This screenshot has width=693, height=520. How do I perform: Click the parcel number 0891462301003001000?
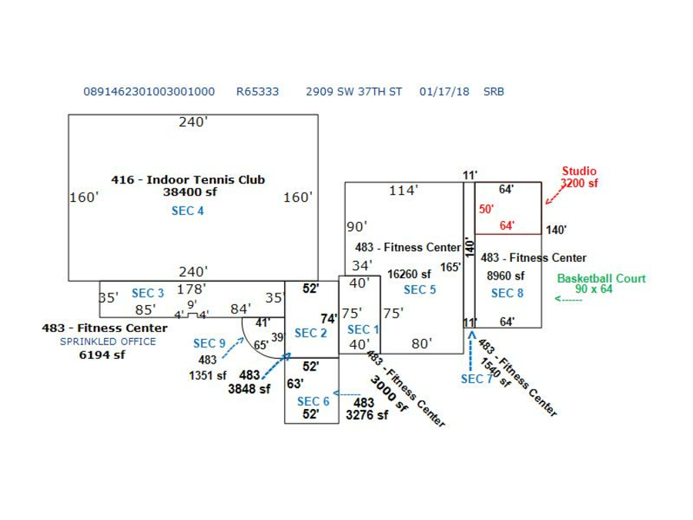[x=149, y=92]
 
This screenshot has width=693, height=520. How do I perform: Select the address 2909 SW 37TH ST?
[x=353, y=92]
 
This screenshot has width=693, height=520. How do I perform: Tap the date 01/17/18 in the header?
[x=444, y=92]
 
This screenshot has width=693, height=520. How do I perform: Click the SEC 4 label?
[x=187, y=210]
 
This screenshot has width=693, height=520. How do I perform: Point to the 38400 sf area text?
[x=189, y=193]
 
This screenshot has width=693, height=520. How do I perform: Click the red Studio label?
[x=578, y=172]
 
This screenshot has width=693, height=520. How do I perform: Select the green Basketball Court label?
[x=601, y=279]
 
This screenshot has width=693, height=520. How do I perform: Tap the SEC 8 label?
[x=507, y=294]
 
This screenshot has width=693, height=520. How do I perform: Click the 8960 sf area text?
[x=505, y=276]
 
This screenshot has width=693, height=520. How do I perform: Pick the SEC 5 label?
[x=420, y=290]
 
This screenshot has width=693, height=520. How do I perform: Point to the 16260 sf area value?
[x=409, y=274]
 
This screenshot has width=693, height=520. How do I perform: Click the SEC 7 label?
[x=477, y=379]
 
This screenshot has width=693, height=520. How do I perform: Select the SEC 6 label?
[x=313, y=401]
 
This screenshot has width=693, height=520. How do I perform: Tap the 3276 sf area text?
[x=367, y=415]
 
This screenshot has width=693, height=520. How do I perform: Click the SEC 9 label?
[x=209, y=344]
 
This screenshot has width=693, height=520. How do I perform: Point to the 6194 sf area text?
[x=102, y=355]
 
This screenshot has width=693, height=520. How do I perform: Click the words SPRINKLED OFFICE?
[x=108, y=341]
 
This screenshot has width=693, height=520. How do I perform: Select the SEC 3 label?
[x=148, y=294]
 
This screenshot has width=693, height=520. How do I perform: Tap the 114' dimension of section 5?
[x=402, y=191]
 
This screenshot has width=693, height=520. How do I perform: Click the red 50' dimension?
[x=486, y=209]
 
